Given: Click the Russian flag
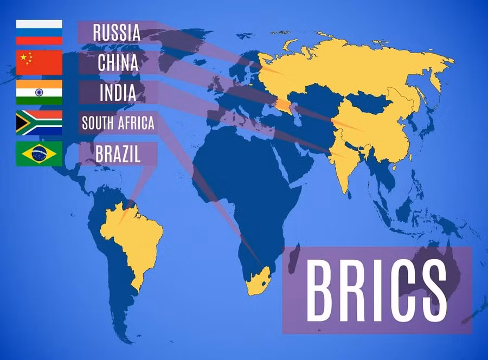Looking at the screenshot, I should tap(39, 32).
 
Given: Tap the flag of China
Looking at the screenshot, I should tap(39, 62).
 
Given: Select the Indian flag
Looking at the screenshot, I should tap(39, 93).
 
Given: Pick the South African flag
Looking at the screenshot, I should tap(39, 123).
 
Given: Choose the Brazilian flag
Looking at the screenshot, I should tap(39, 153).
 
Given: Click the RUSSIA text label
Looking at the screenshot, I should tap(117, 33).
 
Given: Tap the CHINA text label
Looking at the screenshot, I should tap(118, 63).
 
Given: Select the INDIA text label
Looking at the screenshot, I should tap(118, 93).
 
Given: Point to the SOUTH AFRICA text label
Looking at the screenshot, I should tap(118, 123).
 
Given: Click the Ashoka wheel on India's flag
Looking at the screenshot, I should tap(39, 93).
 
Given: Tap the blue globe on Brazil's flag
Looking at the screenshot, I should tap(39, 153).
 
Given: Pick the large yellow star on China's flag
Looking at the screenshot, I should tap(23, 57).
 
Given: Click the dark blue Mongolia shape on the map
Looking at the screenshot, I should tap(369, 100).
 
